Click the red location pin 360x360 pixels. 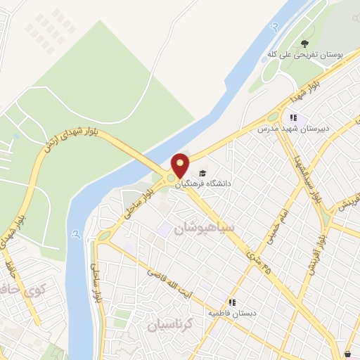point(181,166)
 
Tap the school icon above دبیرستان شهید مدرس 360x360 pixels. point(293,118)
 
